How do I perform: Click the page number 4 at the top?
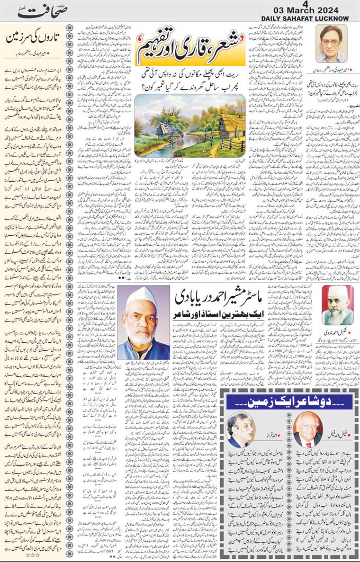(x=305, y=4)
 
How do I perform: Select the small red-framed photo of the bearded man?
(x=337, y=306)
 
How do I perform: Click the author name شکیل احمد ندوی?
(x=337, y=333)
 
